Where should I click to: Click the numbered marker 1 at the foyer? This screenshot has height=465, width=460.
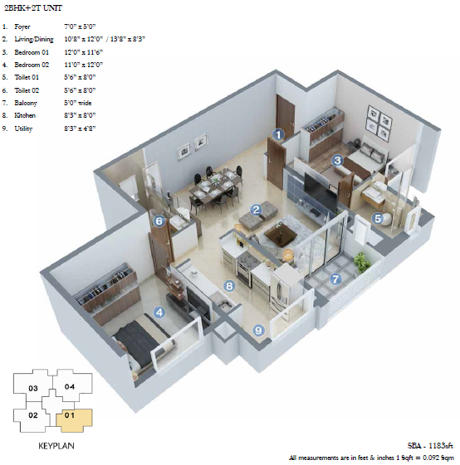click(x=278, y=135)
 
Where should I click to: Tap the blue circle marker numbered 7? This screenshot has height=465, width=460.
click(x=335, y=279)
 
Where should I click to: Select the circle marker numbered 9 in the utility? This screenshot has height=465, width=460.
click(x=258, y=330)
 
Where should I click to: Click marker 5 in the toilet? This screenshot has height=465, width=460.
click(x=378, y=219)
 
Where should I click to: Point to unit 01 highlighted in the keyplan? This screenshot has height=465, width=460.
click(x=74, y=420)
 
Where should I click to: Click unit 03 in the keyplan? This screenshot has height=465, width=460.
click(x=33, y=385)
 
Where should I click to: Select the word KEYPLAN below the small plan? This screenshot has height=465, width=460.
click(x=56, y=446)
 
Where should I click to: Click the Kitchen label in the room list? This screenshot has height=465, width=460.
click(x=25, y=115)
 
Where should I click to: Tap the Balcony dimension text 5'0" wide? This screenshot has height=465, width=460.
click(x=78, y=103)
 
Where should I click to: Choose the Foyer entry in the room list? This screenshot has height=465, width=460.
click(x=22, y=27)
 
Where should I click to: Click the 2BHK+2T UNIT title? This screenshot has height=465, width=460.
click(x=33, y=8)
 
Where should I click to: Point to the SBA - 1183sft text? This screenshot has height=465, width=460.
click(x=430, y=445)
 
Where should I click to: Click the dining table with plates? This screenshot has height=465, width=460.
click(x=215, y=186)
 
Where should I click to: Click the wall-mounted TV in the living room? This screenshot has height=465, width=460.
click(x=321, y=192)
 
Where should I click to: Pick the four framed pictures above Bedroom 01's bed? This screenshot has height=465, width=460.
click(x=379, y=124)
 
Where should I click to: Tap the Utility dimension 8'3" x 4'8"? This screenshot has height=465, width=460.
click(x=80, y=128)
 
